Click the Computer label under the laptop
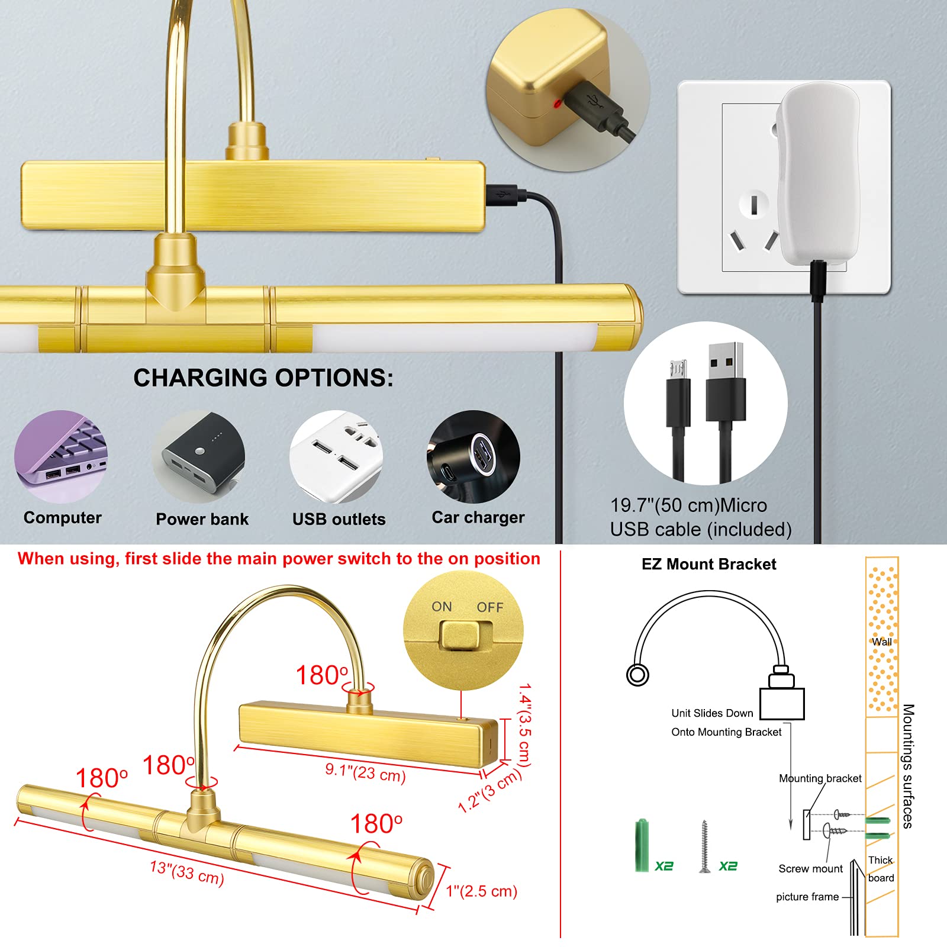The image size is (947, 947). coord(63,518)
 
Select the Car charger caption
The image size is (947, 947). coord(478,518)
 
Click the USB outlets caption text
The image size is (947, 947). coord(339,519)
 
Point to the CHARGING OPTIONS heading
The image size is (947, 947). coord(263,378)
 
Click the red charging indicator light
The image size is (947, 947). coord(558,104)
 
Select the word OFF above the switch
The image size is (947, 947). coord(490,607)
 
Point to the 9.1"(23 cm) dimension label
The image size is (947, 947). coord(365,772)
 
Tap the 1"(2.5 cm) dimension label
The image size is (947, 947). coord(482,891)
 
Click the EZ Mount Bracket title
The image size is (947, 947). coord(708,564)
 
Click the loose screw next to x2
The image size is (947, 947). coord(704,846)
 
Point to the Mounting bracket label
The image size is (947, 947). coord(820,778)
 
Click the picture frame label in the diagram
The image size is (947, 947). coord(807,897)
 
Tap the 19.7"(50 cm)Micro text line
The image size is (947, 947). coord(688,505)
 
